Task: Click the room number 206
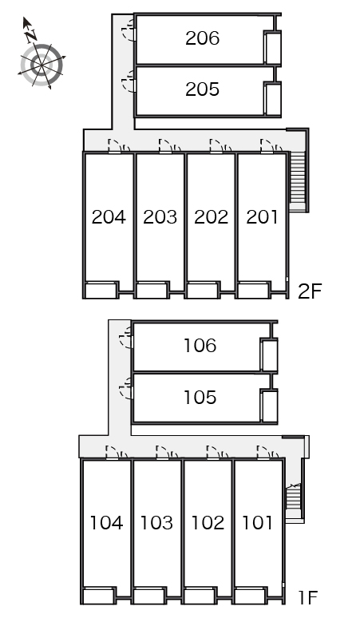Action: (202, 38)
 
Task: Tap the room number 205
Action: (202, 89)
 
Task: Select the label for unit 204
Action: (109, 216)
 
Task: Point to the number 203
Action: (160, 216)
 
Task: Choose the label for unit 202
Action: (211, 216)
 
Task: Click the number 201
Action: (262, 216)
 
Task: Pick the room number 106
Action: (200, 346)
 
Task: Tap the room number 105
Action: (200, 398)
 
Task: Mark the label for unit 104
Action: (106, 523)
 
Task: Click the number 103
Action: (156, 523)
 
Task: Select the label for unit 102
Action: (208, 523)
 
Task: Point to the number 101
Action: (257, 523)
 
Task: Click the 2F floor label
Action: (310, 291)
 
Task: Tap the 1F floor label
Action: (307, 597)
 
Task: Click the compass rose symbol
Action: (42, 63)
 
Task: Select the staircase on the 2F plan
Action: (298, 182)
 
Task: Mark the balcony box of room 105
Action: (270, 406)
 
